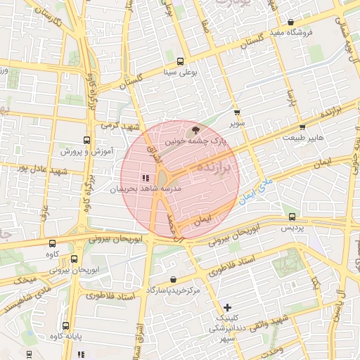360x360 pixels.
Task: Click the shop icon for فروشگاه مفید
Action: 291,23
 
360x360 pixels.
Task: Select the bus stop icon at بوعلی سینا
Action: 181,60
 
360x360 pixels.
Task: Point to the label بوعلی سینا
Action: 180,72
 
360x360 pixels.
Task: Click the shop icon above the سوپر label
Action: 236,112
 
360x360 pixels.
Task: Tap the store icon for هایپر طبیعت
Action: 302,127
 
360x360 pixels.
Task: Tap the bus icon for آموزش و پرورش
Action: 87,140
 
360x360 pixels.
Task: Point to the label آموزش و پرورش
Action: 81,151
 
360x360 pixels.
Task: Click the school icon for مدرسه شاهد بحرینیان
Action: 146,178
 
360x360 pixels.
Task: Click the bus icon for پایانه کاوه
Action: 65,326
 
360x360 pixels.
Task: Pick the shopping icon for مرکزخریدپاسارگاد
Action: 173,279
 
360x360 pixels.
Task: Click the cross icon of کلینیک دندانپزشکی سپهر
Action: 226,307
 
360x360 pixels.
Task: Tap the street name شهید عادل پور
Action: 42,169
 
